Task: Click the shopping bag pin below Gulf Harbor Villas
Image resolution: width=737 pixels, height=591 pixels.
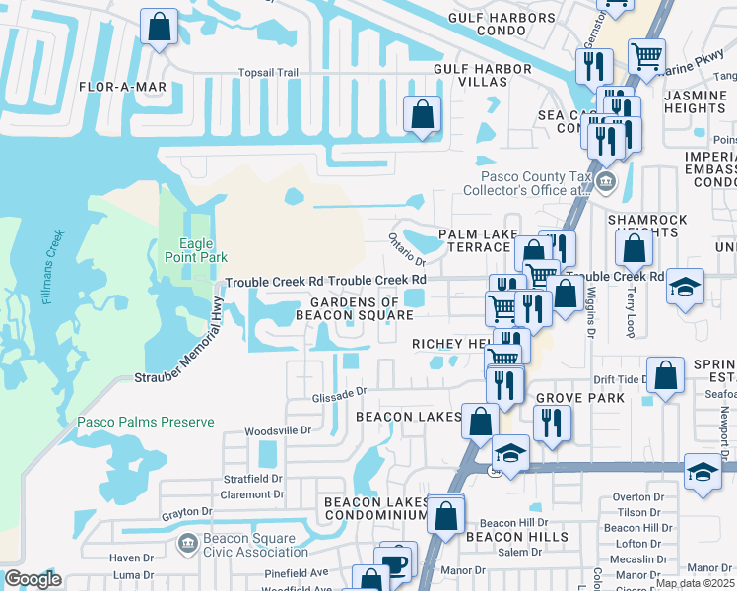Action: click(421, 114)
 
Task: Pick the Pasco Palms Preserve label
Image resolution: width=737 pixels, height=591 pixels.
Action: click(146, 422)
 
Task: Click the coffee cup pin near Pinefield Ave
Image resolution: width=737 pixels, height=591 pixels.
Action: click(396, 562)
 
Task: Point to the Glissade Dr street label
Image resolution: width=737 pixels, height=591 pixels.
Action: click(340, 391)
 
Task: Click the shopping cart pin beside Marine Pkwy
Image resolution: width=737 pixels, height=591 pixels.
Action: click(646, 56)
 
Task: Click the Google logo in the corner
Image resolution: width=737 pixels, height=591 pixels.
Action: click(33, 579)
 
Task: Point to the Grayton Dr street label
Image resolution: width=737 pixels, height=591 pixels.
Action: click(187, 512)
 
